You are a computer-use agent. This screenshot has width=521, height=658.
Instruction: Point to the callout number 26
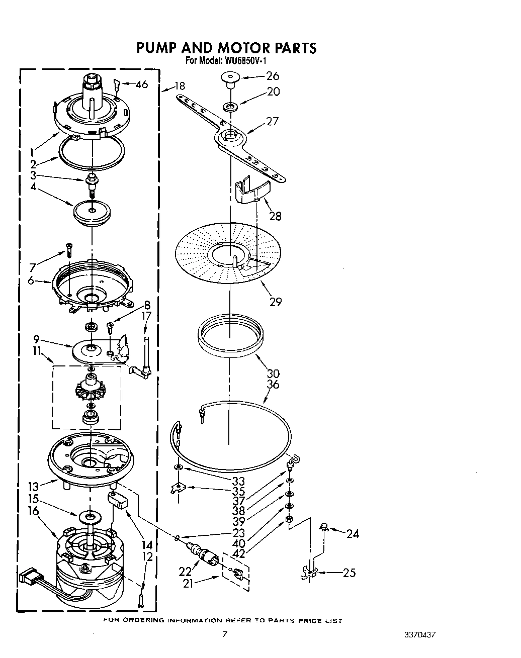click(x=272, y=76)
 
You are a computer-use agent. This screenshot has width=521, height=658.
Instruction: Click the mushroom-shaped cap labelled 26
click(x=229, y=78)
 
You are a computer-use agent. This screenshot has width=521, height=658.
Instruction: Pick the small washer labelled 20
click(x=231, y=107)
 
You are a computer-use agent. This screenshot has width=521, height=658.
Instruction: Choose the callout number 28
click(x=275, y=216)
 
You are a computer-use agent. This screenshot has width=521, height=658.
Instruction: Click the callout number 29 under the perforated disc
click(x=275, y=302)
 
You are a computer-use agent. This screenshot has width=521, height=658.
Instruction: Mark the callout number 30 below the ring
click(x=273, y=373)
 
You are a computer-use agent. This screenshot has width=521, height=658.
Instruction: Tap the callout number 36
click(x=273, y=385)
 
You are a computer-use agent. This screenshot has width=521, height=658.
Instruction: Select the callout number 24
click(x=353, y=534)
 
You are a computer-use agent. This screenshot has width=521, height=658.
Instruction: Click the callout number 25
click(x=349, y=573)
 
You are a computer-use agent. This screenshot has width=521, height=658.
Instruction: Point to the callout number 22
click(x=185, y=572)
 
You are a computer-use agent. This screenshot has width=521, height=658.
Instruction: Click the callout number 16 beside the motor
click(x=33, y=511)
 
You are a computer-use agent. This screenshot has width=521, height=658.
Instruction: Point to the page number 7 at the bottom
click(x=225, y=633)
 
